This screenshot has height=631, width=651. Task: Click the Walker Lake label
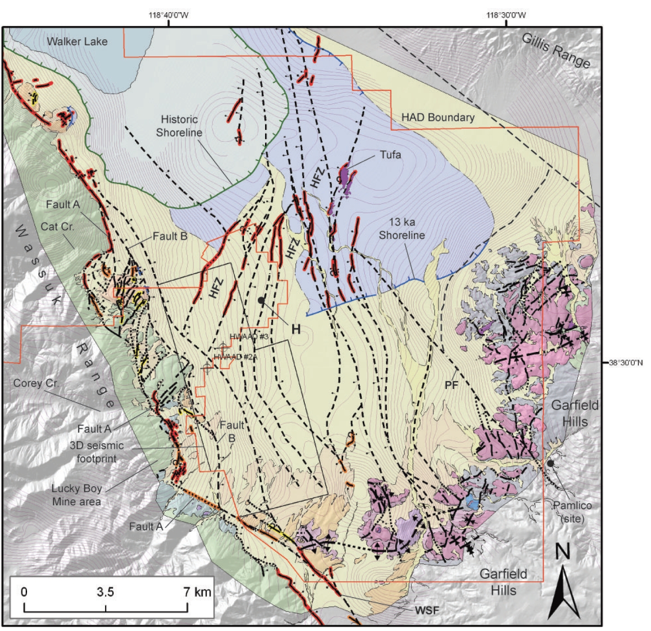point(77,41)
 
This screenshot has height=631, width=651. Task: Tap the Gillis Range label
point(556,50)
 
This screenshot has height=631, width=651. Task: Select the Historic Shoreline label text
point(179,126)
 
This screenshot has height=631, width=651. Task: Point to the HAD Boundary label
point(438,118)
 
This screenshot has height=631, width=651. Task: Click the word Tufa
point(390,155)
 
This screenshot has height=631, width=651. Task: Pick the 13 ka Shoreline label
point(402,229)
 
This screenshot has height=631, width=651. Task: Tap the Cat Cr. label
point(57,226)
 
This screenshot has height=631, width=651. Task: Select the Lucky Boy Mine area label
point(76,495)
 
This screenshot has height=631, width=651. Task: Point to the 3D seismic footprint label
point(96,452)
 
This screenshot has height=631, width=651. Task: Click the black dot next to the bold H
point(261,300)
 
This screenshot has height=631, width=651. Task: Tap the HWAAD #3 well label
point(249,337)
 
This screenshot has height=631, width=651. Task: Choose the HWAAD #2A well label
point(235,356)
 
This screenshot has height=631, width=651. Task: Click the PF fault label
point(451,384)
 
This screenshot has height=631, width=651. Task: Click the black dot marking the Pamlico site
point(550,463)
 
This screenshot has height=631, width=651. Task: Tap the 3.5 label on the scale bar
point(105,592)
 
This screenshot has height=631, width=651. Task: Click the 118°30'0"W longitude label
point(506,15)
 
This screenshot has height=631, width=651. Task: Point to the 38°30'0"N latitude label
point(626,362)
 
